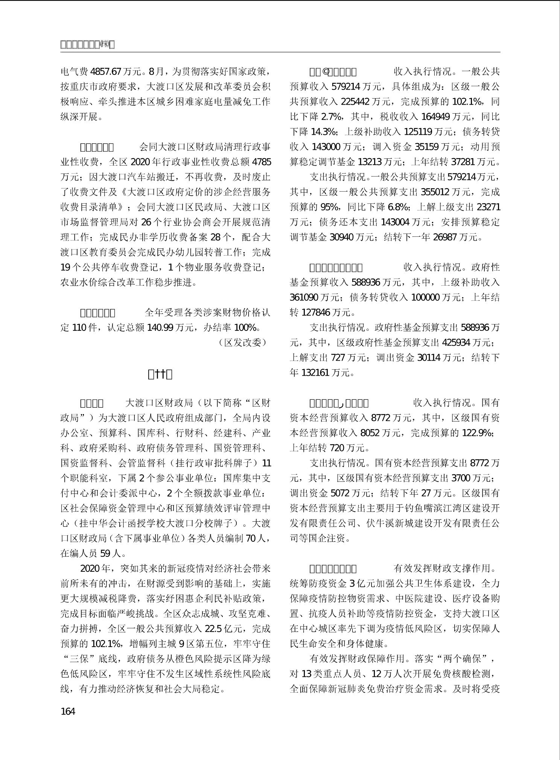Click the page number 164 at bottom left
point(68,711)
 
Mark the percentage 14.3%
point(324,132)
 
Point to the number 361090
point(304,297)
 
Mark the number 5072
point(340,493)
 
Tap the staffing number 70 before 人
point(250,538)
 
